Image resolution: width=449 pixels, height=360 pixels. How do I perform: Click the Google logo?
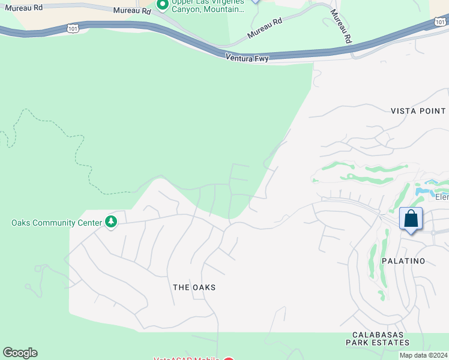(20, 353)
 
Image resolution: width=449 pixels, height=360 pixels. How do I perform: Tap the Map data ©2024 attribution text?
(423, 355)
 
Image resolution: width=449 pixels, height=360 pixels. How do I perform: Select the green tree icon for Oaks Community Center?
(111, 222)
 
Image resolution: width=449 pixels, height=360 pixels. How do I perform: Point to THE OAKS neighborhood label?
(194, 287)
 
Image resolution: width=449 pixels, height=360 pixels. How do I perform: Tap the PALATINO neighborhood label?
(403, 261)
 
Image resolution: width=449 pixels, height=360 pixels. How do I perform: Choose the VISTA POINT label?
(418, 111)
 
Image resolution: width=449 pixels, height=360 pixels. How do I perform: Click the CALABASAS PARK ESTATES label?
(378, 338)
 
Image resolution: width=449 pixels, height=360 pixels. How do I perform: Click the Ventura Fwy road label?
(247, 58)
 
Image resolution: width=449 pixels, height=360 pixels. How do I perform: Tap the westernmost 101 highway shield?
(73, 28)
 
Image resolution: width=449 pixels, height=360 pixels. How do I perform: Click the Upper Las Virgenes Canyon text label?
(208, 6)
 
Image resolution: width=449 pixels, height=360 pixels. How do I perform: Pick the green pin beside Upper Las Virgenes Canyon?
(162, 5)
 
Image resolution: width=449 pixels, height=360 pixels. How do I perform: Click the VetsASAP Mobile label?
(186, 358)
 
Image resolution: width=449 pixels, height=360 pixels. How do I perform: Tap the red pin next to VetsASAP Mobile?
(228, 358)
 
